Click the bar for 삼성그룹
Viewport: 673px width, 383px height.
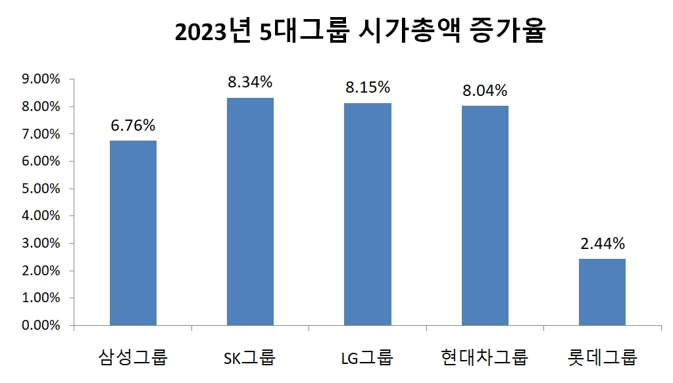coord(133,233)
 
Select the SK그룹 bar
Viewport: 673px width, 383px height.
coord(250,212)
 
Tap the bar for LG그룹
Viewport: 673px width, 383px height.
coord(367,214)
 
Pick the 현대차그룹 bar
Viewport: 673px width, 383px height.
coord(485,215)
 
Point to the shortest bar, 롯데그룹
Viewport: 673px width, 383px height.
coord(602,292)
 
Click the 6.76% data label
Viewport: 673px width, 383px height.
coord(133,125)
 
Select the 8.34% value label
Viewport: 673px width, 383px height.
coord(250,82)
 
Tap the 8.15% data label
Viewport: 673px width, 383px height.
coord(368,87)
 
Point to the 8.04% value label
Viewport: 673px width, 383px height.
coord(485,90)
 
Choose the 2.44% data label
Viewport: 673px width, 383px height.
coord(603,244)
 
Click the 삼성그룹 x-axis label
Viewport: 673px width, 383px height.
coord(133,358)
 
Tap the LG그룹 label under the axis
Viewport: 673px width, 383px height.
coord(367,358)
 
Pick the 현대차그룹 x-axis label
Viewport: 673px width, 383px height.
coord(485,358)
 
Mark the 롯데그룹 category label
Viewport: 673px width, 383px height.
coord(603,358)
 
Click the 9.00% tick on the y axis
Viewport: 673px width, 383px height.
coord(41,79)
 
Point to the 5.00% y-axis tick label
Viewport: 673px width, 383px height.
coord(41,189)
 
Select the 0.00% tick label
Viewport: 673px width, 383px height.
coord(41,325)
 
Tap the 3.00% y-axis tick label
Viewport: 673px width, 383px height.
coord(41,243)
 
